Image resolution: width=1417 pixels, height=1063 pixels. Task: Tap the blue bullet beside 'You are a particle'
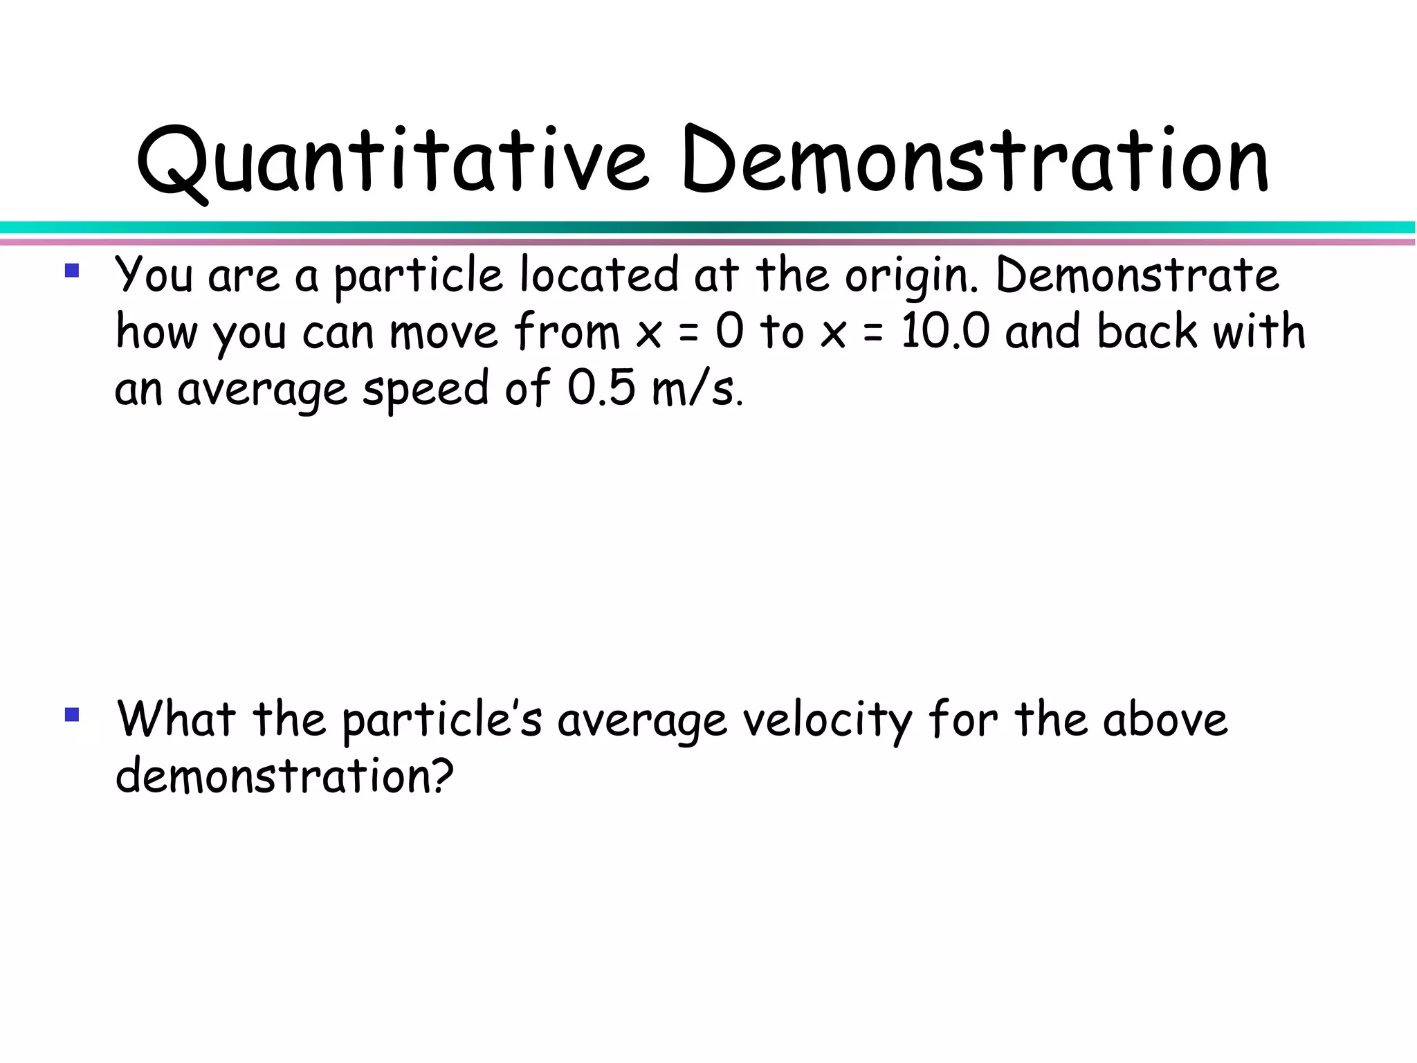(72, 270)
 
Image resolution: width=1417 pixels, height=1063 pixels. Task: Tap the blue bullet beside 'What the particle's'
(72, 714)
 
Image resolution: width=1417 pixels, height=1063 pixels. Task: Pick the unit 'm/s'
(695, 389)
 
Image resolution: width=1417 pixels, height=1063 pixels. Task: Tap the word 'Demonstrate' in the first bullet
(1137, 275)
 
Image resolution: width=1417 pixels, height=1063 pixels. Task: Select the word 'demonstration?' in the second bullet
(284, 776)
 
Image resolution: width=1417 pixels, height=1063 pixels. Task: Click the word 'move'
(444, 333)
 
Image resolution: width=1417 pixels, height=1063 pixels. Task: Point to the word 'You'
(154, 275)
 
